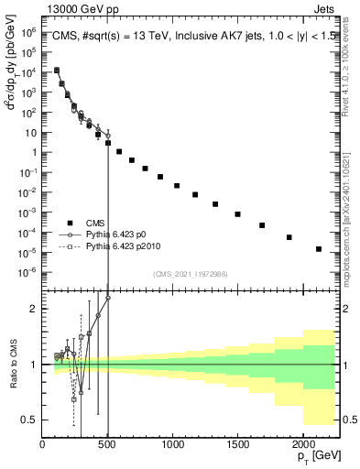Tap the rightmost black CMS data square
click(x=319, y=248)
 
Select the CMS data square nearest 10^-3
click(x=237, y=214)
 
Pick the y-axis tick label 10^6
click(x=28, y=32)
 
